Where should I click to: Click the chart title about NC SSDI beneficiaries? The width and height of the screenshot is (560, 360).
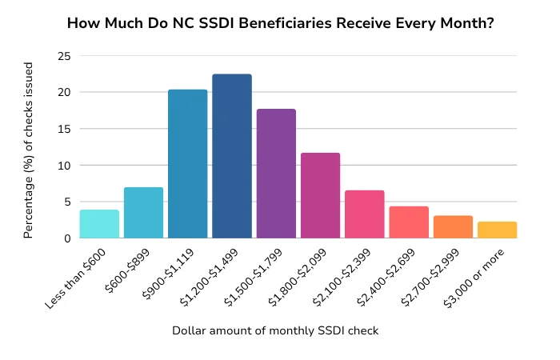(x=280, y=23)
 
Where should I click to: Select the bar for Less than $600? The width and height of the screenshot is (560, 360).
(x=99, y=224)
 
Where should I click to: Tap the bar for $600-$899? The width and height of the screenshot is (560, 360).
(x=143, y=213)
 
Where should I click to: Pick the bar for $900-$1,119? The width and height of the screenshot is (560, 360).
(x=188, y=164)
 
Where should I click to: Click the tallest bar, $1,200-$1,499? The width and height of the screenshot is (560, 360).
(x=232, y=156)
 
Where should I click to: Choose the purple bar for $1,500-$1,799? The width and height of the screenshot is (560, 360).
(x=276, y=174)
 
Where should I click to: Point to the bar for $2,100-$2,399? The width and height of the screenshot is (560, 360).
(x=365, y=214)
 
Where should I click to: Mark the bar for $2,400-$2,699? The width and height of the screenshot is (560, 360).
(x=409, y=222)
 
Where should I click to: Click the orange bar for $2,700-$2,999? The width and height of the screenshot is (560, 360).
(x=453, y=227)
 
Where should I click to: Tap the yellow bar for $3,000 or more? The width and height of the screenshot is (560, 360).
(x=497, y=230)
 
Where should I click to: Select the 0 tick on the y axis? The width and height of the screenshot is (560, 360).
(x=66, y=238)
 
